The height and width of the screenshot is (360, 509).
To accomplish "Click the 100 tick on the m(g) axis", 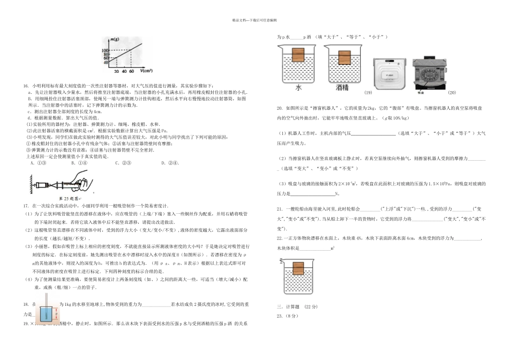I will pyautogui.click(x=106, y=50).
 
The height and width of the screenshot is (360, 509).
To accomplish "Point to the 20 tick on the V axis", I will pyautogui.click(x=116, y=71).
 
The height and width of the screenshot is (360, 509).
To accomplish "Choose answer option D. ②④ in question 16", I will pyautogui.click(x=173, y=163).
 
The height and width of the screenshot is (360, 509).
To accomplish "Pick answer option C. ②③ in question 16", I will pyautogui.click(x=128, y=163).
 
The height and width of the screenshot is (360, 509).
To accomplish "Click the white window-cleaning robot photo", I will pyautogui.click(x=386, y=71).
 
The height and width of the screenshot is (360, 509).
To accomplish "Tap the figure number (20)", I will pyautogui.click(x=452, y=92).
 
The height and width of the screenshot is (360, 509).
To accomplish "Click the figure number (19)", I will pyautogui.click(x=368, y=92).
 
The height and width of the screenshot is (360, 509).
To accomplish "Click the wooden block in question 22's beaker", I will pyautogui.click(x=298, y=269).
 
